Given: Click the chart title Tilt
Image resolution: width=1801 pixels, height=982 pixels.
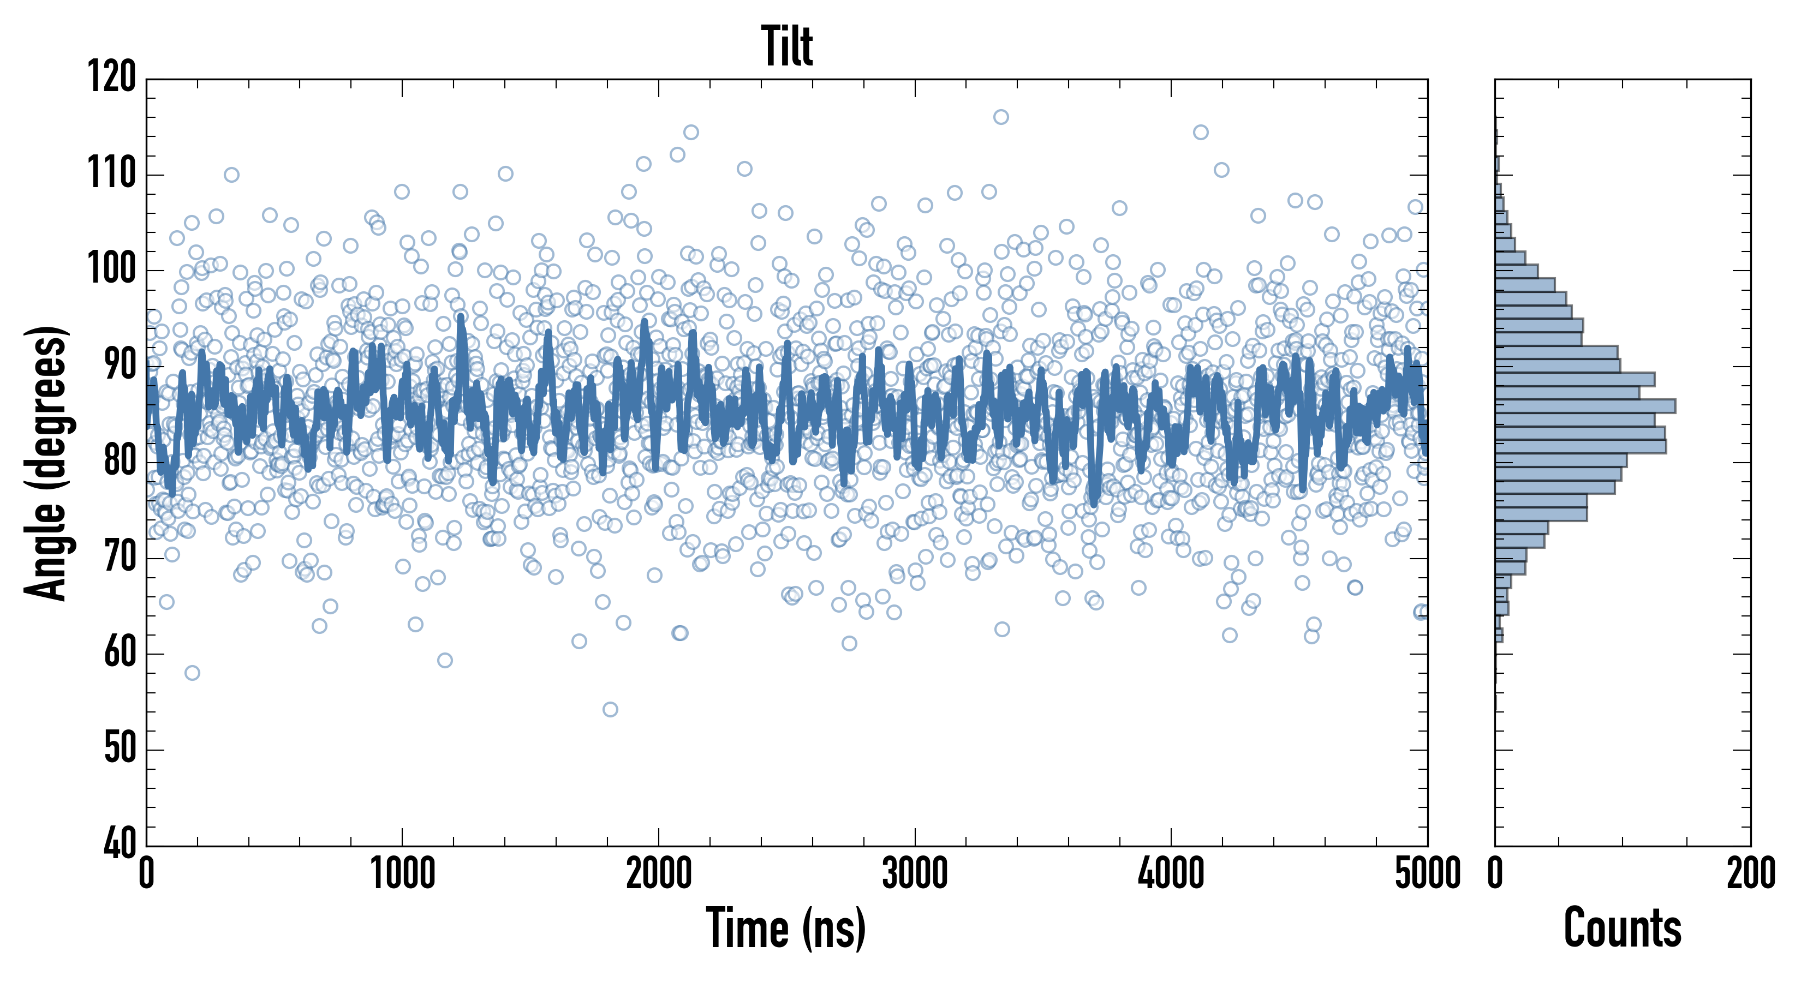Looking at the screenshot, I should (x=787, y=46).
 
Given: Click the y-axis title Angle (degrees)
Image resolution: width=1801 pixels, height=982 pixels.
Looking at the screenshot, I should (x=46, y=463).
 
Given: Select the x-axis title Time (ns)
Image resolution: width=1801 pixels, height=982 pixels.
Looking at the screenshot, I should (x=786, y=928).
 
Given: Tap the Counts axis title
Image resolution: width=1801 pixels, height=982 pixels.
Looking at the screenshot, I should (x=1622, y=928).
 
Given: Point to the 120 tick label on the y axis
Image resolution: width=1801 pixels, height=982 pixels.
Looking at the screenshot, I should (x=112, y=77).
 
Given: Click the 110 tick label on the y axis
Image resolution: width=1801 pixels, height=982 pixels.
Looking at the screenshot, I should (x=112, y=173).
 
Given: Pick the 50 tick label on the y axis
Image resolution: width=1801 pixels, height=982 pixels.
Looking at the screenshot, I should (x=120, y=749).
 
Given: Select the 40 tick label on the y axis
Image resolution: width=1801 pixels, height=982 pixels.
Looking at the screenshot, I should (x=120, y=845).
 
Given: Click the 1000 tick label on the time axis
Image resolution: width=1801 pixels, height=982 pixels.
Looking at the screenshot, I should (x=403, y=873).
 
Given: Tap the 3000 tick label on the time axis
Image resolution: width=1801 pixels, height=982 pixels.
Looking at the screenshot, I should (x=915, y=873).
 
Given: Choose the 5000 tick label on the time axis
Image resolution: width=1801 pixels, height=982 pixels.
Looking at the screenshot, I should (x=1428, y=873).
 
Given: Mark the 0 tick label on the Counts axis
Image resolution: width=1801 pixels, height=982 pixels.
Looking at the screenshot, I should (x=1495, y=873).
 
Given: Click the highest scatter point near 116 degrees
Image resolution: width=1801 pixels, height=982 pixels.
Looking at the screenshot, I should (x=1001, y=117).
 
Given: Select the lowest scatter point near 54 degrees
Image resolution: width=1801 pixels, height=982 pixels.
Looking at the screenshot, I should (x=610, y=709).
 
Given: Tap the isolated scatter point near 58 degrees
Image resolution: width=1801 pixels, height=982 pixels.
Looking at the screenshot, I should (x=192, y=672).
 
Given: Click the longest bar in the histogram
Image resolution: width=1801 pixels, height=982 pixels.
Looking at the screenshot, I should (x=1585, y=406).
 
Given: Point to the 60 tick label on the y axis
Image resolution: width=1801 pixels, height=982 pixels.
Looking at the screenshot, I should (x=120, y=654).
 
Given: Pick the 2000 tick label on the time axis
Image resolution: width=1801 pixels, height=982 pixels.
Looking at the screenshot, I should (x=659, y=873).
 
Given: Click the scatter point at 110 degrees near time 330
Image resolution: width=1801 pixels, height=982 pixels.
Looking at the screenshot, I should (x=231, y=175).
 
